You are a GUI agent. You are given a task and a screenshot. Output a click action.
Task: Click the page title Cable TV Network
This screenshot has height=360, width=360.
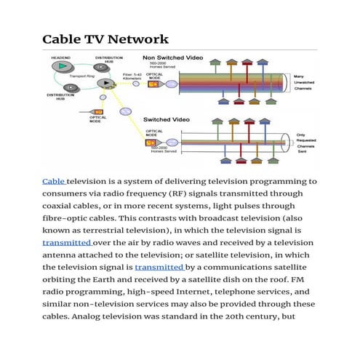(105, 39)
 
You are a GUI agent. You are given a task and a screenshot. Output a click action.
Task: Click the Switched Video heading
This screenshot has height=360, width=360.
(167, 118)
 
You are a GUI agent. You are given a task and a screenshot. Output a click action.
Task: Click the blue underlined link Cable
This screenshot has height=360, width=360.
(54, 181)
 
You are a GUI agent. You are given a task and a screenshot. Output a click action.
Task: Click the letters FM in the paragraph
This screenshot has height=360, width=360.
(309, 277)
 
